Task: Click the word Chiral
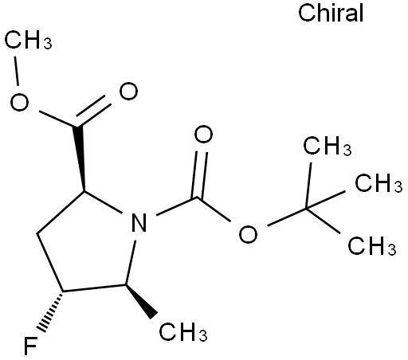[x=331, y=13]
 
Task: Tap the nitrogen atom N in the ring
[x=139, y=223]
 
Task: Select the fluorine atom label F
[x=30, y=346]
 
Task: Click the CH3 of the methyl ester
[x=28, y=40]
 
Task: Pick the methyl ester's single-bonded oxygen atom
[x=19, y=102]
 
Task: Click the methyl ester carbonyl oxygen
[x=128, y=91]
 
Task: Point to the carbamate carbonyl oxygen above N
[x=203, y=135]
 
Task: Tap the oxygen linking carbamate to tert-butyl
[x=248, y=234]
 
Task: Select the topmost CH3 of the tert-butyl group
[x=328, y=146]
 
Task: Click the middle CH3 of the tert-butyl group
[x=379, y=183]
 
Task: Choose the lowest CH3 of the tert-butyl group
[x=372, y=246]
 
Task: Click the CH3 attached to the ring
[x=183, y=332]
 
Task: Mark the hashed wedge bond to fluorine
[x=52, y=311]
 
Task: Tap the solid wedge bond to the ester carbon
[x=80, y=158]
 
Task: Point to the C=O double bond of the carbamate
[x=199, y=174]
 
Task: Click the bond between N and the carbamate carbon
[x=176, y=205]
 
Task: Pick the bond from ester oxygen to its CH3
[x=17, y=71]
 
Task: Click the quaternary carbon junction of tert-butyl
[x=306, y=209]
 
